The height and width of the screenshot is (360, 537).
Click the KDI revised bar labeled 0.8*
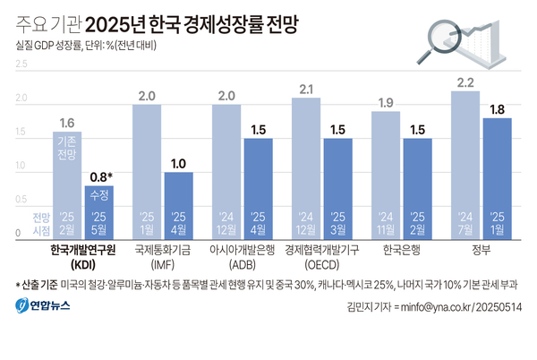(x=99, y=210)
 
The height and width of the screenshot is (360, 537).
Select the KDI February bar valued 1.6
(x=66, y=184)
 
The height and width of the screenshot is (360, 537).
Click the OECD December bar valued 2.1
(x=305, y=166)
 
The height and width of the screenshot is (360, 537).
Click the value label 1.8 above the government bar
(x=497, y=109)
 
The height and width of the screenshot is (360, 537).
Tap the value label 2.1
(x=305, y=88)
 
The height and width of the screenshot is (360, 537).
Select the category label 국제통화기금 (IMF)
(x=163, y=257)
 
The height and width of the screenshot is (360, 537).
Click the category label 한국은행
(x=401, y=250)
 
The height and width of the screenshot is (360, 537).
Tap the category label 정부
(x=481, y=250)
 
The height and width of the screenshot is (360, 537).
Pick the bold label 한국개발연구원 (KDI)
(x=82, y=257)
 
